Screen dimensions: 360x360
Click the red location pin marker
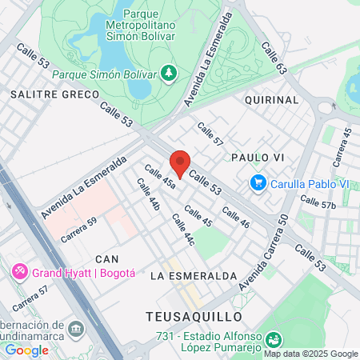[x=180, y=163]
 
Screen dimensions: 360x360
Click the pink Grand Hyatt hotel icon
[x=19, y=273]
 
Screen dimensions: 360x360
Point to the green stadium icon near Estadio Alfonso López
[x=273, y=340]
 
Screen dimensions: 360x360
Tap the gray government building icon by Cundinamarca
[x=76, y=329]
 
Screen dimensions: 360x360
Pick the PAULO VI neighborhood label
[x=258, y=158]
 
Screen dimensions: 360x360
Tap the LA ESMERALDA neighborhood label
[x=194, y=276]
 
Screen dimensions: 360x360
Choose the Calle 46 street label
[x=236, y=218]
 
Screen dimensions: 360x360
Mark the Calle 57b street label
[x=318, y=205]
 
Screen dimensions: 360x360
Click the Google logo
[x=26, y=350]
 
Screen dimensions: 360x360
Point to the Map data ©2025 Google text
[x=311, y=354]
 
